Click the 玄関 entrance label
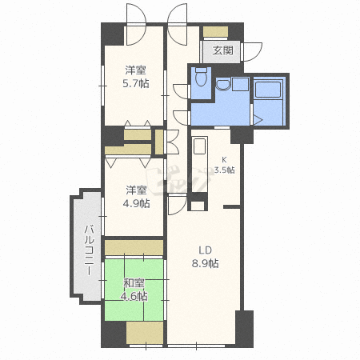pyautogui.click(x=223, y=50)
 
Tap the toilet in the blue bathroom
pyautogui.click(x=200, y=79)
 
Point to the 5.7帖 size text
pyautogui.click(x=135, y=83)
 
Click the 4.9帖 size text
pyautogui.click(x=135, y=203)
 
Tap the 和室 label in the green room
pyautogui.click(x=134, y=282)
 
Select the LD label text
pyautogui.click(x=204, y=249)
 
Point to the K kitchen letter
pyautogui.click(x=224, y=158)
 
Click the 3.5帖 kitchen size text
pyautogui.click(x=224, y=170)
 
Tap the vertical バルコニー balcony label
pyautogui.click(x=87, y=248)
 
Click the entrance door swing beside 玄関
pyautogui.click(x=253, y=50)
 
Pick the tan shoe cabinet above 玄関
pyautogui.click(x=214, y=31)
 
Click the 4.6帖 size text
pyautogui.click(x=135, y=295)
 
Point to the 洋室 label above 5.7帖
pyautogui.click(x=135, y=70)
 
